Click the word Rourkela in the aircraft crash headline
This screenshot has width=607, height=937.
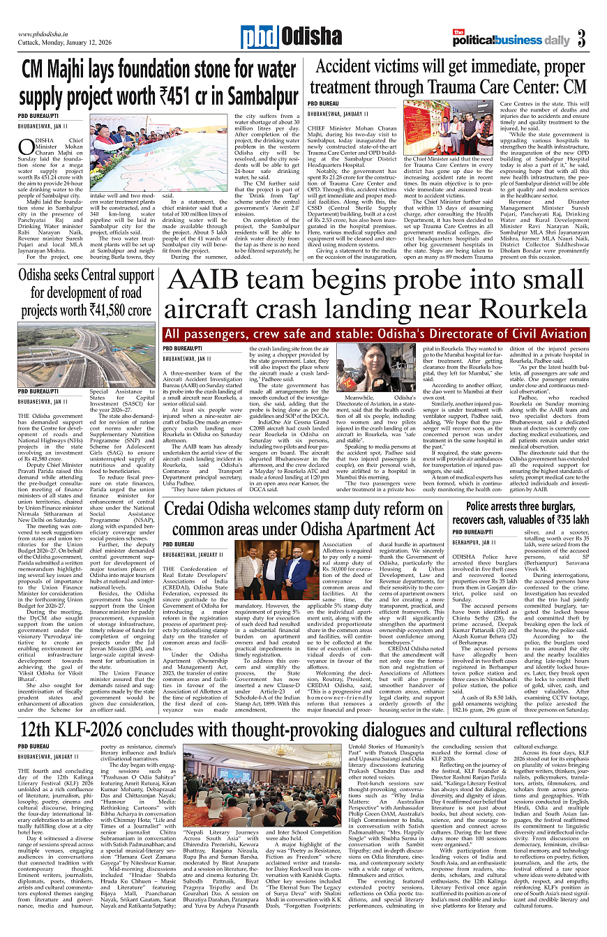tap(522, 307)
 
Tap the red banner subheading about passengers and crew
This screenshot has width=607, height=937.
tap(376, 334)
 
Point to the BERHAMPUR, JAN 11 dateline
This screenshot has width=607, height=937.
tap(475, 541)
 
